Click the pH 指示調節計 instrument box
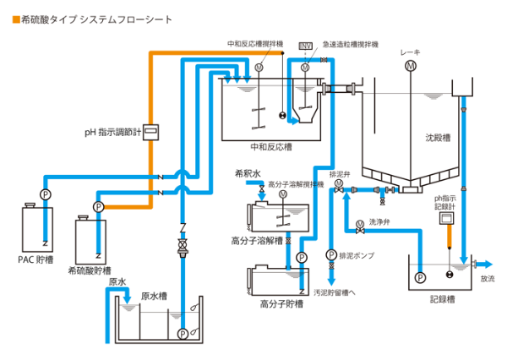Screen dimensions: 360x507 [x=151, y=131]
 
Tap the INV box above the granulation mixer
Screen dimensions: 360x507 [x=305, y=44]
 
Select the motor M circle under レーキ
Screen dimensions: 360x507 [x=410, y=66]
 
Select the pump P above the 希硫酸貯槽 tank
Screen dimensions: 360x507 [x=98, y=206]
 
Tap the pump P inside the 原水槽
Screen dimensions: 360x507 [x=183, y=334]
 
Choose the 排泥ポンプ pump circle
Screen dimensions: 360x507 [x=331, y=254]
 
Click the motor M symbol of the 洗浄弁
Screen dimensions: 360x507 [x=360, y=224]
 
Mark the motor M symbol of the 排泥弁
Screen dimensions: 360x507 [x=339, y=183]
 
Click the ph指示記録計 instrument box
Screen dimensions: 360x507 [x=444, y=218]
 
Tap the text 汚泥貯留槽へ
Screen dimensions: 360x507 [x=335, y=292]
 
